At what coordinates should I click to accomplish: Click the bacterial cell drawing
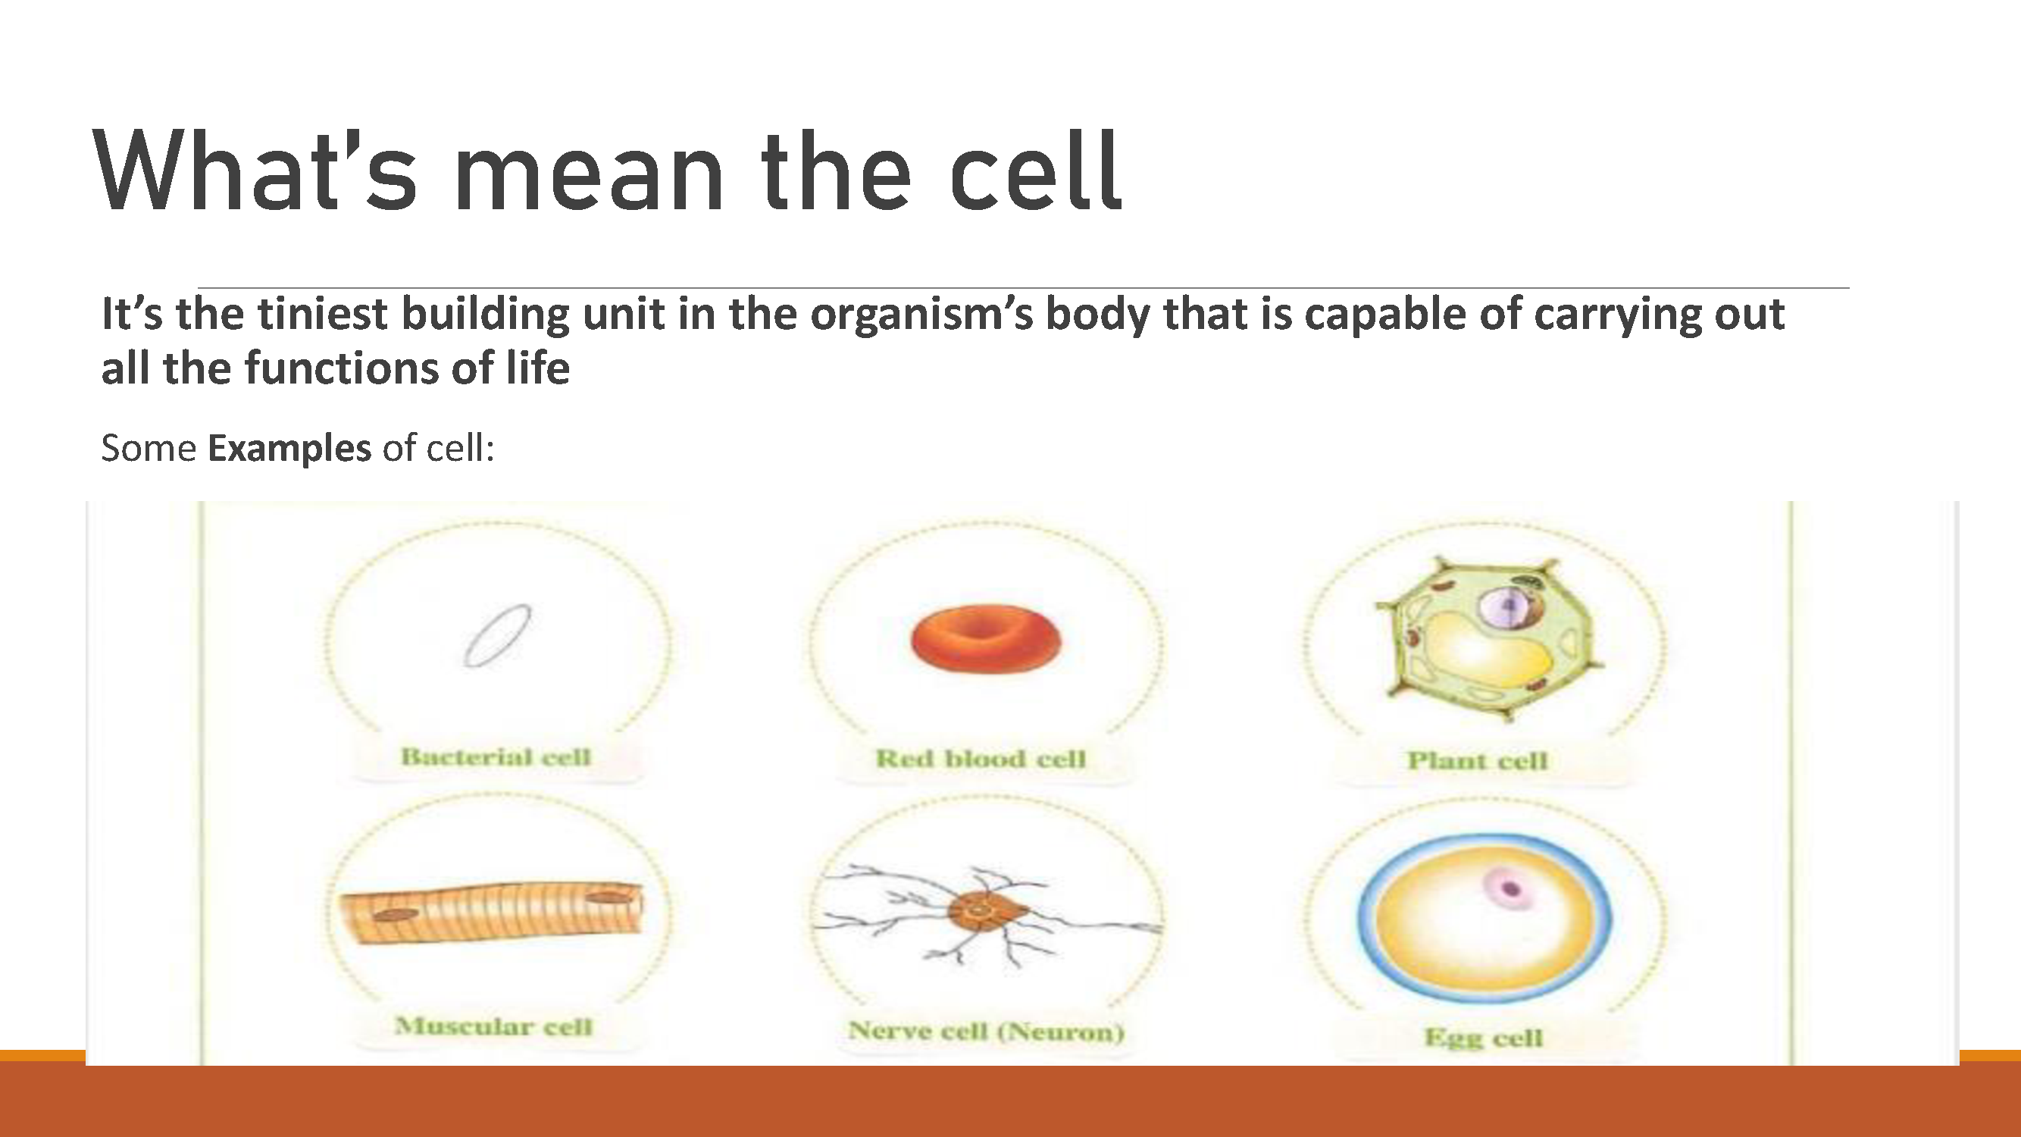click(x=496, y=636)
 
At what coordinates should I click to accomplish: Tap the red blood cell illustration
click(x=985, y=639)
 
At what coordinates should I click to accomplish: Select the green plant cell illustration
click(x=1488, y=637)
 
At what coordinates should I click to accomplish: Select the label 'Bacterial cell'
click(x=496, y=757)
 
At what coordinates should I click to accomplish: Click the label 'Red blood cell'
click(x=981, y=759)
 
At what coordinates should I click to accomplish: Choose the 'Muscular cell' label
click(x=493, y=1026)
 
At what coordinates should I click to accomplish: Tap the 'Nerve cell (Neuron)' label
click(x=986, y=1031)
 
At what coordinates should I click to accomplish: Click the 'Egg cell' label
click(x=1484, y=1038)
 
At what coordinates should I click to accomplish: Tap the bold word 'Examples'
click(x=289, y=449)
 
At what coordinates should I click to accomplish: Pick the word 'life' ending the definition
click(x=537, y=369)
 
